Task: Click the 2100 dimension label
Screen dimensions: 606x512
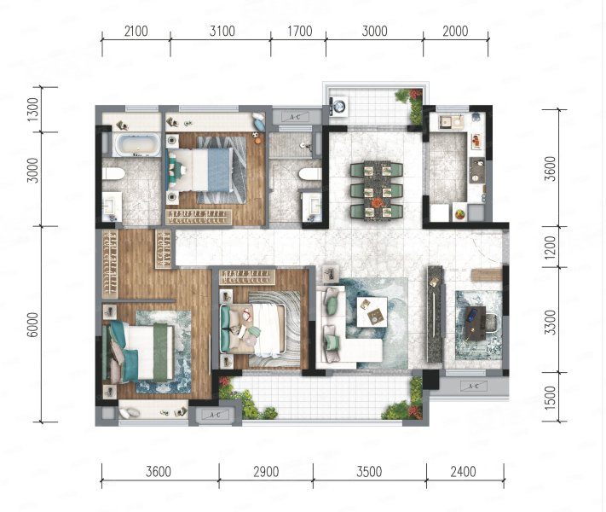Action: click(136, 31)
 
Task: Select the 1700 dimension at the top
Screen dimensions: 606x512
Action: click(299, 31)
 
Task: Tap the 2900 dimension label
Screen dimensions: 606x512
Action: click(266, 472)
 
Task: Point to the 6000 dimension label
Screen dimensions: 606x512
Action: click(33, 324)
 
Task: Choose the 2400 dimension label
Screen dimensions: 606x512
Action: click(463, 472)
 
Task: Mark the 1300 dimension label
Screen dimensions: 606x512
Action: click(33, 109)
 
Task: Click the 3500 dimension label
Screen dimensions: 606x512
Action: click(369, 472)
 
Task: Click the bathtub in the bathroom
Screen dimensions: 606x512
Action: click(136, 145)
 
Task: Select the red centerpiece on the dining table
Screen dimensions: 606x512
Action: click(376, 202)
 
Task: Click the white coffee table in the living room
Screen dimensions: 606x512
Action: click(372, 312)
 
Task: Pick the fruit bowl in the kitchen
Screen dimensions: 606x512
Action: click(459, 213)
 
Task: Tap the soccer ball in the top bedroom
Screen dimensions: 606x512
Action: click(256, 135)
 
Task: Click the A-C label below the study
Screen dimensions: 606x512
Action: click(473, 386)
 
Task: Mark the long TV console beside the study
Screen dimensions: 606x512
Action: click(436, 314)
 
